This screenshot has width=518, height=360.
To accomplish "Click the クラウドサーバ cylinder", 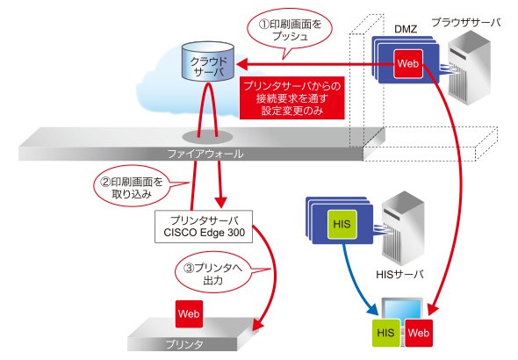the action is tap(208, 61).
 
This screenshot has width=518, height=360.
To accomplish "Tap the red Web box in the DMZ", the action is tap(408, 64).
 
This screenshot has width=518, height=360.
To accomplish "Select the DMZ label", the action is tap(406, 29).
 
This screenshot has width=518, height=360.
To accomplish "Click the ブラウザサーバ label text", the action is tap(466, 23).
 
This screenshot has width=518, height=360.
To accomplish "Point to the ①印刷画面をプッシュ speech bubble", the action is tap(290, 31).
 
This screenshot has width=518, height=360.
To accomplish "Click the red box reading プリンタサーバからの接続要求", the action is tap(291, 98).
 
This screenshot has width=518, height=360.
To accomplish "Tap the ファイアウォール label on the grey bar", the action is tap(205, 154).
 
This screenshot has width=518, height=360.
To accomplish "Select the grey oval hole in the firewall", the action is tap(207, 137).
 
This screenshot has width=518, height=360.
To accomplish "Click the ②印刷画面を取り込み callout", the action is tap(133, 188).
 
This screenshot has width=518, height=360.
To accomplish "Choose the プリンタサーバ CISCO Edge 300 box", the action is tap(204, 227).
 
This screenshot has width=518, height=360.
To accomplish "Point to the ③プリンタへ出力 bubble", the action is tap(213, 273).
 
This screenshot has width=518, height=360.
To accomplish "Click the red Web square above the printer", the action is tap(189, 313).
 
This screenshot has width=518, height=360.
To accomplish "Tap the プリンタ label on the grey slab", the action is tap(184, 344).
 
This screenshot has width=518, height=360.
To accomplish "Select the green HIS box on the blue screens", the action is tap(342, 225).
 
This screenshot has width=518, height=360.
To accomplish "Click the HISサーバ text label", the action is tap(399, 275).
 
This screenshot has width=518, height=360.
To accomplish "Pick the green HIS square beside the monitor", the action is tap(385, 333).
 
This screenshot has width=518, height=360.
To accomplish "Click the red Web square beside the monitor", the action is tap(419, 333).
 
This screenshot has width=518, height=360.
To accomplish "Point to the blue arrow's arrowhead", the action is tap(373, 310).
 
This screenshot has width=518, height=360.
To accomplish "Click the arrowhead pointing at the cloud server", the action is tap(241, 64).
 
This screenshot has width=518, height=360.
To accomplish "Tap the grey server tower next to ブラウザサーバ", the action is tap(469, 68).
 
